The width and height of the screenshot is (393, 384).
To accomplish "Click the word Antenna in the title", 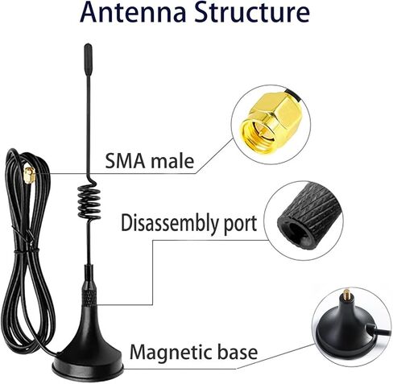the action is click(133, 12).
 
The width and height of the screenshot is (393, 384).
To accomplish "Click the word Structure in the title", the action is click(252, 12).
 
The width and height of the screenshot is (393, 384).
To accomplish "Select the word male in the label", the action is click(172, 161).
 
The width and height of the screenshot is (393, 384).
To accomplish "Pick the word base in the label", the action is click(238, 352).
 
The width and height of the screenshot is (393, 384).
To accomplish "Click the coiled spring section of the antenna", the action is click(89, 200).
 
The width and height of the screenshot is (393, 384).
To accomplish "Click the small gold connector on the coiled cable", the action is click(30, 175).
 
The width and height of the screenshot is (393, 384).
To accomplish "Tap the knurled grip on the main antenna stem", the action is click(89, 295).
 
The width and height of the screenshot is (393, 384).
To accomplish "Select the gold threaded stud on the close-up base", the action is click(347, 295).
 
